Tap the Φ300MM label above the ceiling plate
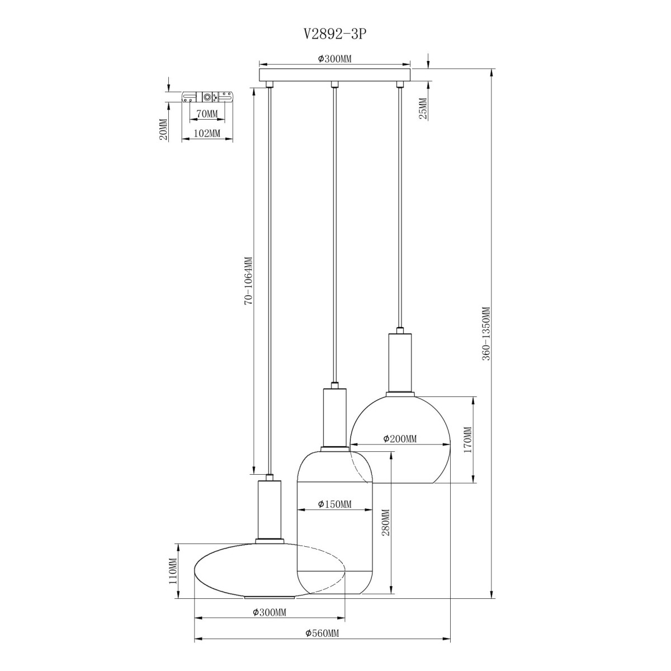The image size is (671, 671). (334, 59)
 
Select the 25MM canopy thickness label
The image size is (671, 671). (423, 109)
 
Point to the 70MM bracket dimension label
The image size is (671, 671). (207, 114)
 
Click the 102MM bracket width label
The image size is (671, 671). (207, 134)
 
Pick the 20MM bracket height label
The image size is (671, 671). (163, 129)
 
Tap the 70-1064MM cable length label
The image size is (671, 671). (248, 281)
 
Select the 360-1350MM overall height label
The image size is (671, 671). (486, 334)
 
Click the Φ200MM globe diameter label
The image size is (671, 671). (400, 439)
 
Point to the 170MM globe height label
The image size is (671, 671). (467, 440)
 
